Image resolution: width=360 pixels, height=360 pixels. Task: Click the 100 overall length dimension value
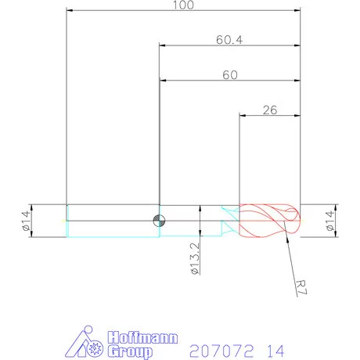pos(182,5)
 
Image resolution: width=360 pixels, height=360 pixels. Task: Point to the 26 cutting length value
pos(270,110)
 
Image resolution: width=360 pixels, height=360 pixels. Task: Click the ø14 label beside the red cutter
pos(329,220)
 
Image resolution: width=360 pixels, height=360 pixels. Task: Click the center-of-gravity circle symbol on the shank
pos(159,220)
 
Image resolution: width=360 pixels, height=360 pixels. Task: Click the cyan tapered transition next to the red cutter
pos(229,220)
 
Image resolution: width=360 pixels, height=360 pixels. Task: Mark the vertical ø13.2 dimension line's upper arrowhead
pos(201,208)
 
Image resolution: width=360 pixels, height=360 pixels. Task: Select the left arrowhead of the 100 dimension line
pos(70,11)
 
